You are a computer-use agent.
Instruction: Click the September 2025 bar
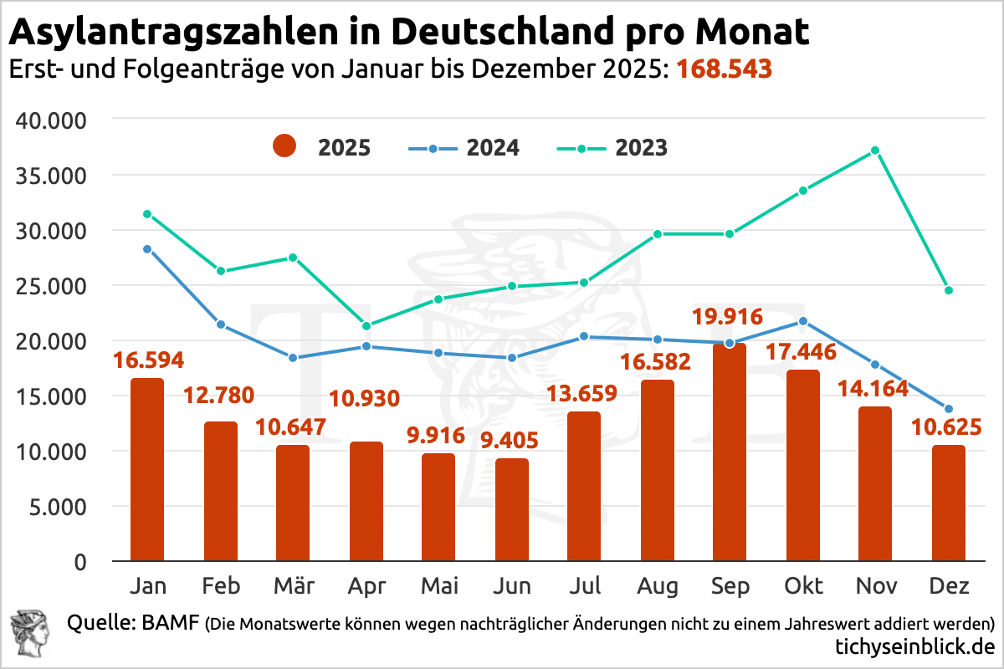click(x=730, y=452)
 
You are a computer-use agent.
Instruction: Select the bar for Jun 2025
click(x=511, y=509)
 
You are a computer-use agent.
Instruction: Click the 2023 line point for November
click(x=874, y=151)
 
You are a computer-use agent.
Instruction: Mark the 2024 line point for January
click(x=147, y=249)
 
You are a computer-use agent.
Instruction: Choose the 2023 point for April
click(x=366, y=325)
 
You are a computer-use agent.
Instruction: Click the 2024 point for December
click(x=948, y=409)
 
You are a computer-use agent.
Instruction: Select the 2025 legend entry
click(x=322, y=148)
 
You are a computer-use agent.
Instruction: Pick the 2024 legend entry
click(x=465, y=148)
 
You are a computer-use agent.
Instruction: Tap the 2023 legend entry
click(x=613, y=148)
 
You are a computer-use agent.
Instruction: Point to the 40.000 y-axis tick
click(x=52, y=120)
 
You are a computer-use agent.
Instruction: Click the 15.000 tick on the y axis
click(x=52, y=396)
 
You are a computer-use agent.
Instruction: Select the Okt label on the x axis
click(x=802, y=585)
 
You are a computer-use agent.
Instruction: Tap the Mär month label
click(x=293, y=585)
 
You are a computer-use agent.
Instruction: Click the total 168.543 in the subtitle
click(x=724, y=69)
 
